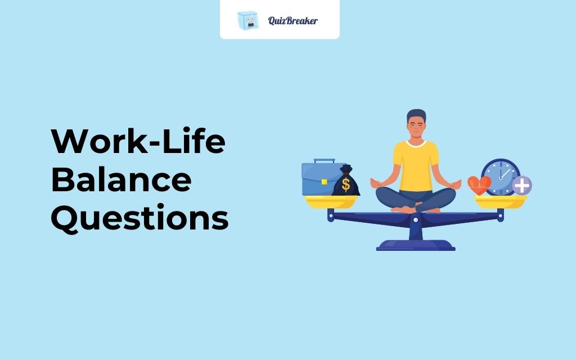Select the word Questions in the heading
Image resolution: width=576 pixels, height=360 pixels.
point(140,218)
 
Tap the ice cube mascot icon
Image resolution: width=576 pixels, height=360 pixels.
point(247,20)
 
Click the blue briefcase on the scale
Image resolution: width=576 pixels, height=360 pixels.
point(321,179)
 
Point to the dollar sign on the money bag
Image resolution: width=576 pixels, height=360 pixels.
point(346,184)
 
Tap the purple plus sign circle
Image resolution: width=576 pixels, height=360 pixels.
point(522,185)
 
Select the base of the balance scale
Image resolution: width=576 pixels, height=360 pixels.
point(416,245)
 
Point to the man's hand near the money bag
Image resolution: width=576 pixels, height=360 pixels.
point(376,182)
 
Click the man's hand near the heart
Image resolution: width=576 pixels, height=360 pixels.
point(456,182)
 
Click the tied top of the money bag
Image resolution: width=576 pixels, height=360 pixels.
point(346,169)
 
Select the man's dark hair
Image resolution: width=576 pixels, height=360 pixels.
point(416,114)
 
